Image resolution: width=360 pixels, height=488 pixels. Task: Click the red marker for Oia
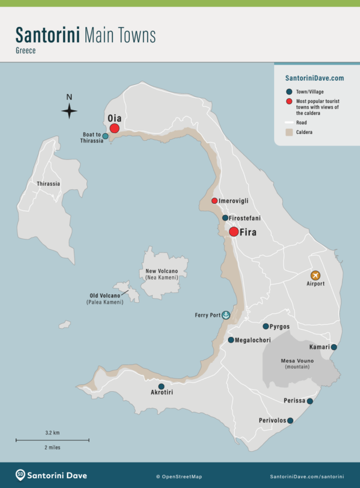click(x=114, y=128)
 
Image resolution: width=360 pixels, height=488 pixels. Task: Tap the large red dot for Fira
click(x=234, y=232)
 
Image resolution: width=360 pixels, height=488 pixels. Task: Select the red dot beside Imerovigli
click(x=215, y=201)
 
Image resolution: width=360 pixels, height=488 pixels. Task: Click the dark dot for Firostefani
click(x=225, y=218)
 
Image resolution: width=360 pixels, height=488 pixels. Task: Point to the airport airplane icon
click(x=315, y=275)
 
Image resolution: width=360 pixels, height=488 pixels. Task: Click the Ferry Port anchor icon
click(x=226, y=315)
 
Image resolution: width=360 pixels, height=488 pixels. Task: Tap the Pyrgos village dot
click(x=266, y=326)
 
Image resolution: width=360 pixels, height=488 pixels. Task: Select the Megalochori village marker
click(x=231, y=340)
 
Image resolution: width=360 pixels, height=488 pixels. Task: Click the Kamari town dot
click(x=333, y=347)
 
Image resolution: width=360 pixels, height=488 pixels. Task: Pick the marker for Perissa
click(x=310, y=401)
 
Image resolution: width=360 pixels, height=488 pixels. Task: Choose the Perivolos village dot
click(x=290, y=421)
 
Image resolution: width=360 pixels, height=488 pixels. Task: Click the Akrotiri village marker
click(x=161, y=386)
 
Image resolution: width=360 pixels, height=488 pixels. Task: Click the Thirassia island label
click(x=48, y=184)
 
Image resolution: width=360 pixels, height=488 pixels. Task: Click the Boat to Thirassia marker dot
click(x=105, y=137)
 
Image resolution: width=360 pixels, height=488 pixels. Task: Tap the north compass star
click(x=69, y=110)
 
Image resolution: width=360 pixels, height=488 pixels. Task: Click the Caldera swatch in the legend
click(x=289, y=132)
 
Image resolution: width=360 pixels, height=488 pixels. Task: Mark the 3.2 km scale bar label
click(x=52, y=432)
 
